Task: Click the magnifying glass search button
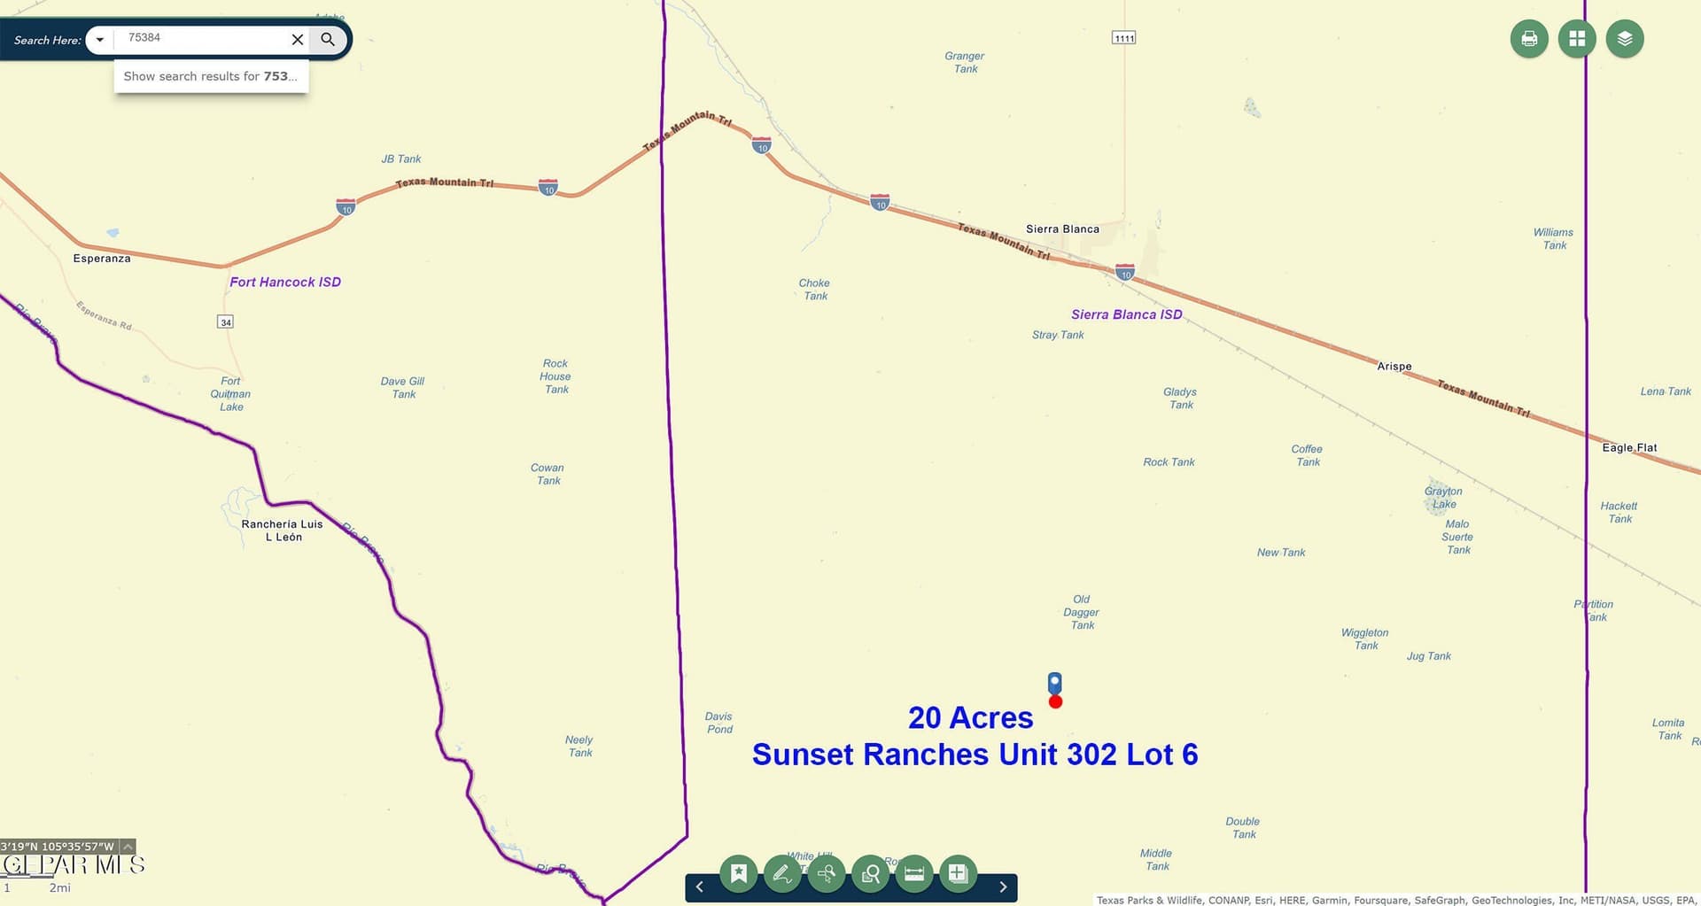coord(328,39)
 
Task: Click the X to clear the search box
coord(298,39)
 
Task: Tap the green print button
coord(1529,39)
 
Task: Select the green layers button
coord(1625,39)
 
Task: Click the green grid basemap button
coord(1577,39)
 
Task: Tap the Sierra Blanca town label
coord(1062,229)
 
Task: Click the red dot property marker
coord(1055,702)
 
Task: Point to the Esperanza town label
coord(102,259)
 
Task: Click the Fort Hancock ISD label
coord(285,283)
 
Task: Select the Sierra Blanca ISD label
coord(1126,314)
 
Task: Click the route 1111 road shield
coord(1124,38)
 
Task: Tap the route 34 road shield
coord(226,322)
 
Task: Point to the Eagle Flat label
coord(1629,448)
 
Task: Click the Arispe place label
coord(1394,367)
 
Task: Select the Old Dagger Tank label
coord(1082,612)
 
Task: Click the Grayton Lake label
coord(1443,498)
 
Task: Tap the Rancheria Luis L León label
coord(283,530)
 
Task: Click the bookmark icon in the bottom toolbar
coord(738,874)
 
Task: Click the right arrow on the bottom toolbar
coord(1003,887)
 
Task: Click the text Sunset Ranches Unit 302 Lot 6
coord(975,755)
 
